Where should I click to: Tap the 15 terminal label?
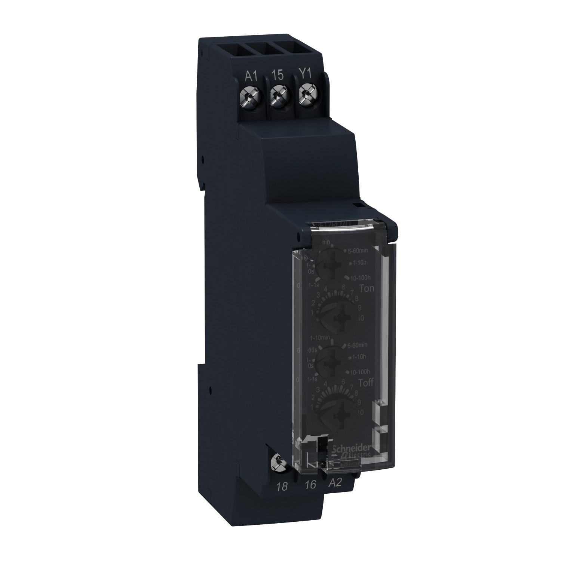click(x=278, y=75)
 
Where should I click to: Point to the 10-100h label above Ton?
click(x=360, y=277)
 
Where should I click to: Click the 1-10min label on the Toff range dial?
click(x=321, y=338)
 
